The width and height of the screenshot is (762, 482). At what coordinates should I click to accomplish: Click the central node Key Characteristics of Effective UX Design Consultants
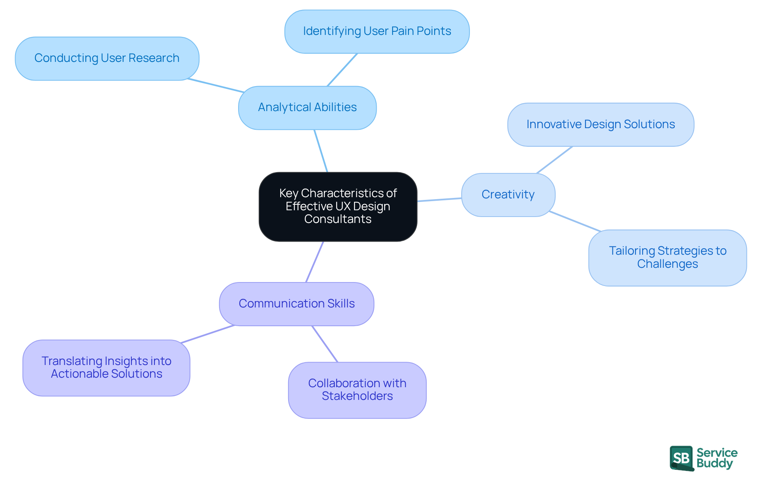(338, 206)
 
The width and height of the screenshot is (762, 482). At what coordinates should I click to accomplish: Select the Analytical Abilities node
(307, 108)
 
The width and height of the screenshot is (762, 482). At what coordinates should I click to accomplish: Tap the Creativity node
(508, 195)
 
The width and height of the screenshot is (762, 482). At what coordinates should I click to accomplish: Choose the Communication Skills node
(296, 304)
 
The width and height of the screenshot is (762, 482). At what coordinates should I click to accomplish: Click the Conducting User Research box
(107, 58)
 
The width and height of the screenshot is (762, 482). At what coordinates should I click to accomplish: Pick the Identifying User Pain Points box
(377, 31)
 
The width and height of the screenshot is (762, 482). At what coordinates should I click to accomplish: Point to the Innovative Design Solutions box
(600, 125)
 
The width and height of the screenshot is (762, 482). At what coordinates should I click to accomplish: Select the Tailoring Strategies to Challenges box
(668, 257)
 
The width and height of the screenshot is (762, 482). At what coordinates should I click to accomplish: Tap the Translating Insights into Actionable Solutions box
(106, 368)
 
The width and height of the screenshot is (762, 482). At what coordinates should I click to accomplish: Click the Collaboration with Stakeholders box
(357, 390)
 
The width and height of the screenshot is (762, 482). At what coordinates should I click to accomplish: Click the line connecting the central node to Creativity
(439, 200)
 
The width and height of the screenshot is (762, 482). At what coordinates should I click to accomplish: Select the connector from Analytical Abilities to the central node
(321, 151)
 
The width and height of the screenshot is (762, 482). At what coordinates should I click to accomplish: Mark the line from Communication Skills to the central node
(314, 262)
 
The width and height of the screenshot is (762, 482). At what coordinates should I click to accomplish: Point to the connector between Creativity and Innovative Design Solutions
(554, 160)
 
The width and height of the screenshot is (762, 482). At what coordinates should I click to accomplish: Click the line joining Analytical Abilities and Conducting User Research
(216, 86)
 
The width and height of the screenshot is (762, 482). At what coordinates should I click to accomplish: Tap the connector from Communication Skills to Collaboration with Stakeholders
(325, 344)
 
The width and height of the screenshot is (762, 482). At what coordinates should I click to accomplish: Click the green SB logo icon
(681, 458)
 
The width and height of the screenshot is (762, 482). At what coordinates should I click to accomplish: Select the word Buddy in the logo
(714, 463)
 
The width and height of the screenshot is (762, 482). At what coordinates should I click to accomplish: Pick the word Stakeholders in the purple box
(357, 396)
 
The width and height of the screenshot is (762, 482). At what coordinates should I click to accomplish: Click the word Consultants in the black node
(338, 219)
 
